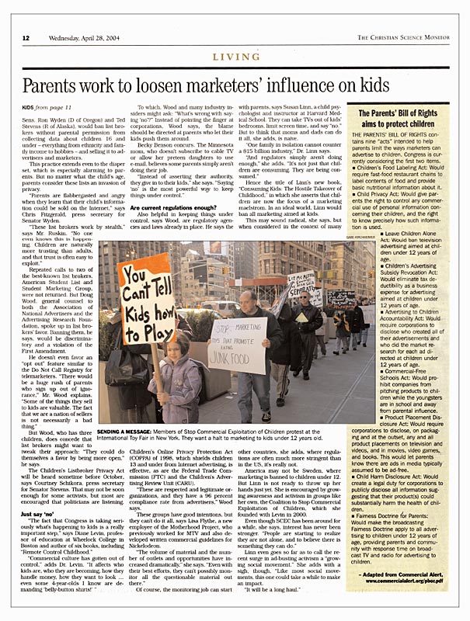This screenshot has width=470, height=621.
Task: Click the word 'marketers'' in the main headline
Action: click(x=273, y=86)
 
